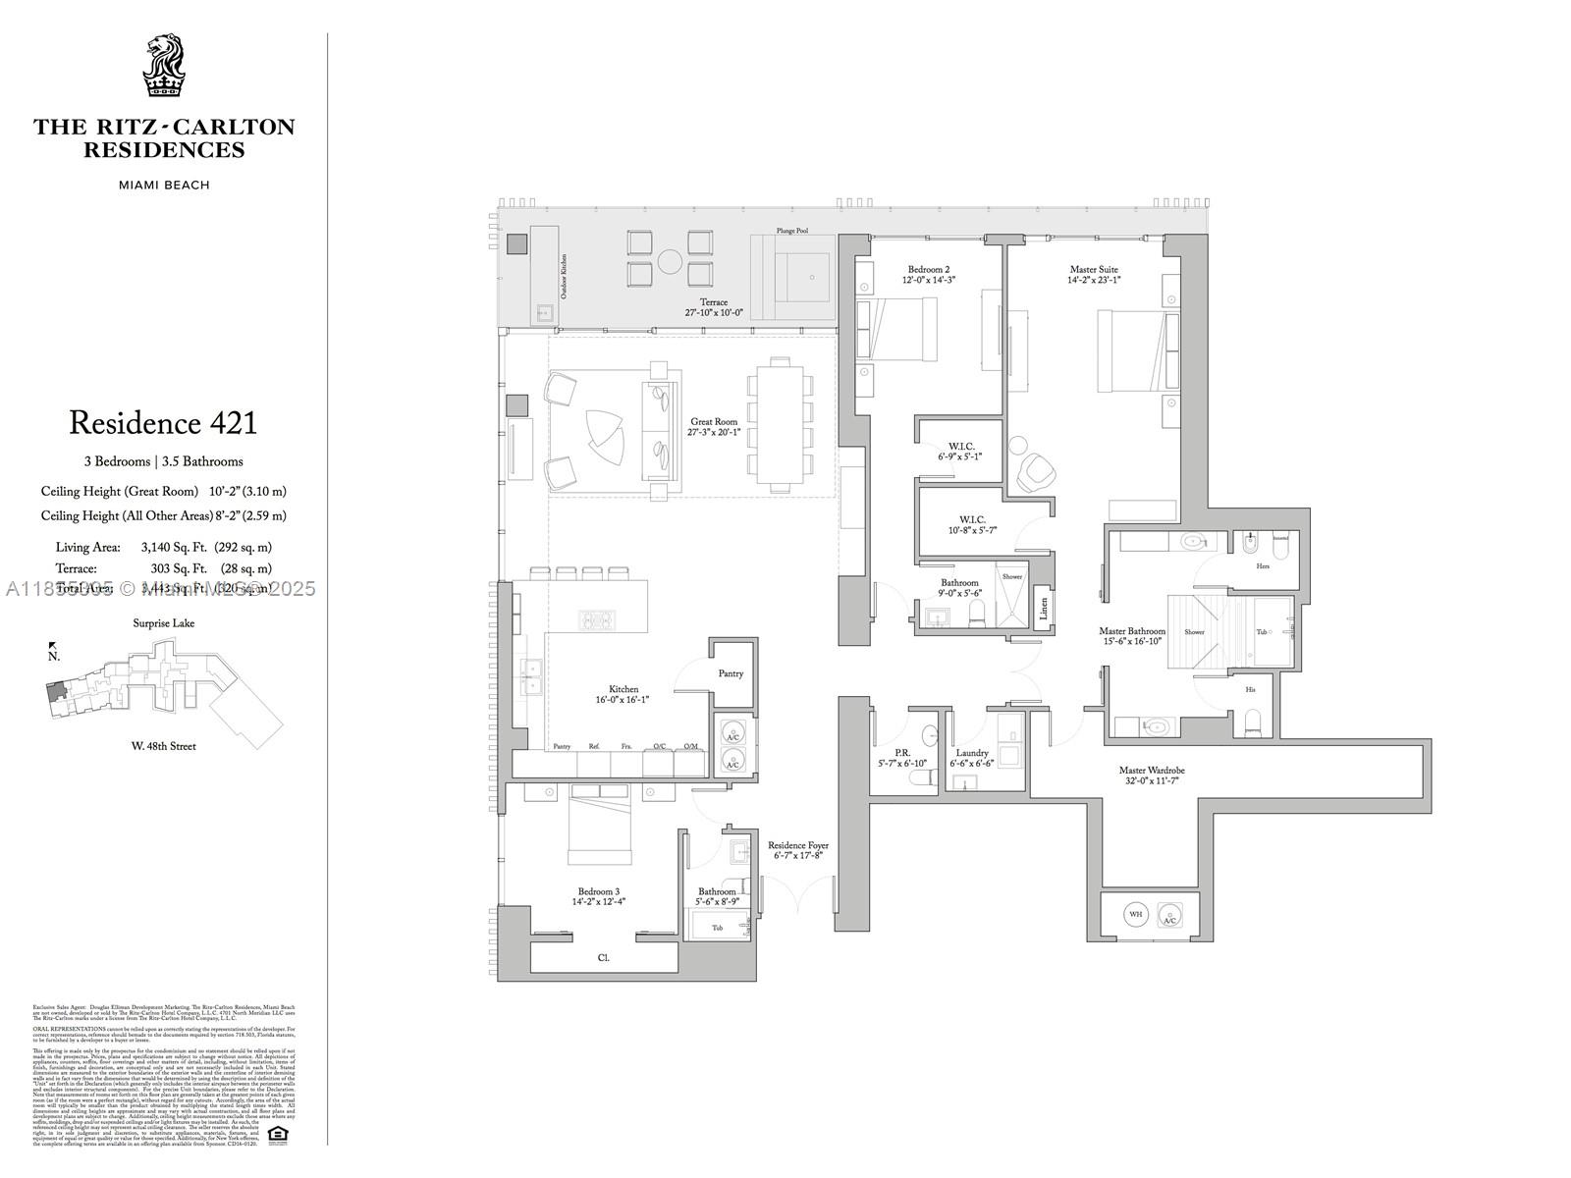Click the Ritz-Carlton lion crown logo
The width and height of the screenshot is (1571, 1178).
click(x=164, y=66)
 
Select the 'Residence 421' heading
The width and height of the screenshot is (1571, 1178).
click(x=163, y=424)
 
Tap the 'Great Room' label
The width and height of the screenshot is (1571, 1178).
click(x=714, y=422)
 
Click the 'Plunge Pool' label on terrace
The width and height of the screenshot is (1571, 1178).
click(x=791, y=231)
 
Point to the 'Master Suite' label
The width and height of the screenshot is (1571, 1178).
click(x=1094, y=269)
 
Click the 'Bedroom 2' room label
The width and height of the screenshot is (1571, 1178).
click(x=928, y=269)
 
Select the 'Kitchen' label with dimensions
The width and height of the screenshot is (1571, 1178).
click(x=623, y=690)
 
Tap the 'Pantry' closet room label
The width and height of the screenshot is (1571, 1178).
click(x=731, y=673)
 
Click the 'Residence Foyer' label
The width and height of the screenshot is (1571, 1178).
click(x=797, y=845)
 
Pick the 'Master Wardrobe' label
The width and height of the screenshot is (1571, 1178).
click(x=1153, y=771)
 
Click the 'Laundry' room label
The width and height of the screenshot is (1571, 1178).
click(x=972, y=753)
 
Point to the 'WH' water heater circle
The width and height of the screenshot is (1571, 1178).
click(x=1136, y=915)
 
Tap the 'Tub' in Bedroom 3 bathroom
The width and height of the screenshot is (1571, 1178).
click(x=718, y=928)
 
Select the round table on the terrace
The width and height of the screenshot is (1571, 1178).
click(x=671, y=261)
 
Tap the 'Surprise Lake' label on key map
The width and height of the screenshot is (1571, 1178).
click(x=164, y=623)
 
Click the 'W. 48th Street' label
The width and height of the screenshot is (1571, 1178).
click(x=164, y=746)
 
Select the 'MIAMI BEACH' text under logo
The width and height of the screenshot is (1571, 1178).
click(x=164, y=186)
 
